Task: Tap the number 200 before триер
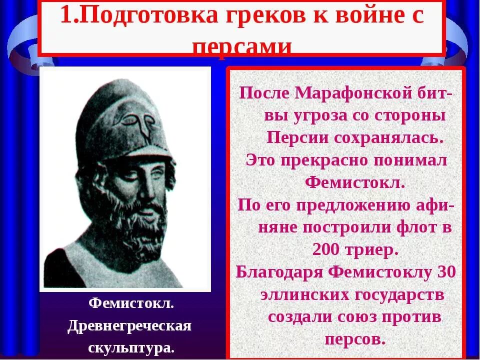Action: pos(326,249)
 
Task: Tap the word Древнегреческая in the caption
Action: pos(129,325)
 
